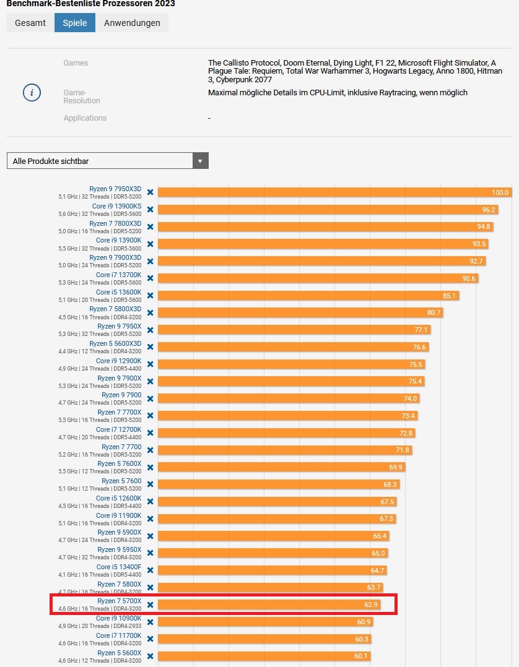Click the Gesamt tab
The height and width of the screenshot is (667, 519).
[x=30, y=23]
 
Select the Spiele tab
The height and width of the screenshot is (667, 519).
[x=75, y=23]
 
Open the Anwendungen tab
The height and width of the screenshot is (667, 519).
[x=132, y=23]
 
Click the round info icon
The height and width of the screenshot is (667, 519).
[x=32, y=93]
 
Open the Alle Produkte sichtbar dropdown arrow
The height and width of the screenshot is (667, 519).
[x=200, y=161]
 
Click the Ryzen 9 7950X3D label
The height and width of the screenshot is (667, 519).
[x=115, y=189]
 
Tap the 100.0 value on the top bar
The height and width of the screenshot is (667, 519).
[x=500, y=192]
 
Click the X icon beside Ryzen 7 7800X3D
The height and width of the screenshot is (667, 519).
[x=150, y=226]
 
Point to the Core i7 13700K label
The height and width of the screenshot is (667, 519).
[x=118, y=275]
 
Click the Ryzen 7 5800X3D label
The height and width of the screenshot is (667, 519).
[x=115, y=309]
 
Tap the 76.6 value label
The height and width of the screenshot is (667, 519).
[x=420, y=347]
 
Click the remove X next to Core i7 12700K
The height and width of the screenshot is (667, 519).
[x=150, y=432]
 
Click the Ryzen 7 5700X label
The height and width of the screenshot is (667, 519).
[x=120, y=601]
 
